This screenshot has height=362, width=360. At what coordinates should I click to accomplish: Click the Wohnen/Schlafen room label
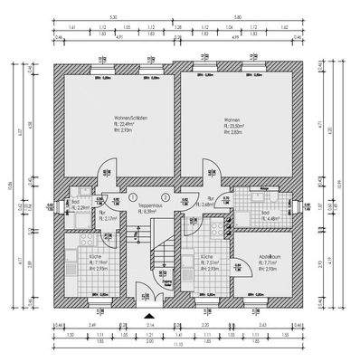coord(118,119)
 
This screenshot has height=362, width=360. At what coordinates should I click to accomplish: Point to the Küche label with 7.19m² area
coord(94,259)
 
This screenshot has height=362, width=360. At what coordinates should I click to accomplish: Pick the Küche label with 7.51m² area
coord(208,259)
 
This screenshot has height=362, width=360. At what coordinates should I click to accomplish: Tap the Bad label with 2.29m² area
coord(79,205)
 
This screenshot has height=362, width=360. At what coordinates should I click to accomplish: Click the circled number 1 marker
coord(132,196)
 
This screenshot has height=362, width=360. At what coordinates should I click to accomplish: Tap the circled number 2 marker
coord(165,196)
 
